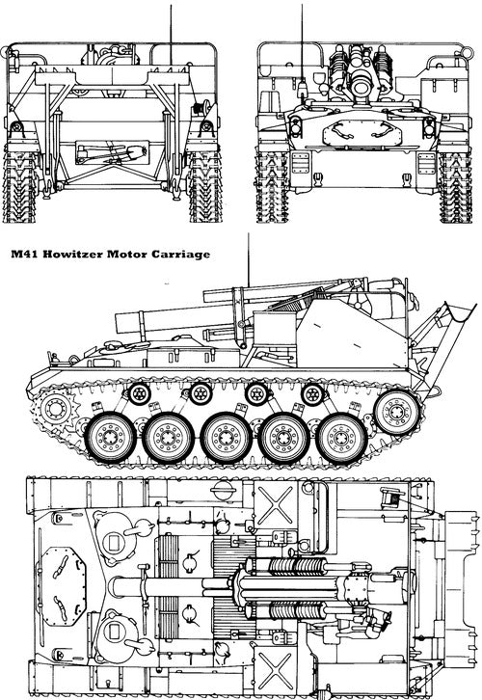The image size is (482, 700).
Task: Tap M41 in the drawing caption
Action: click(26, 257)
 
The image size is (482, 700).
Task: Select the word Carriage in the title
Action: click(181, 257)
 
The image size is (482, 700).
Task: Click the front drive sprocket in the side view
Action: click(57, 406)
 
